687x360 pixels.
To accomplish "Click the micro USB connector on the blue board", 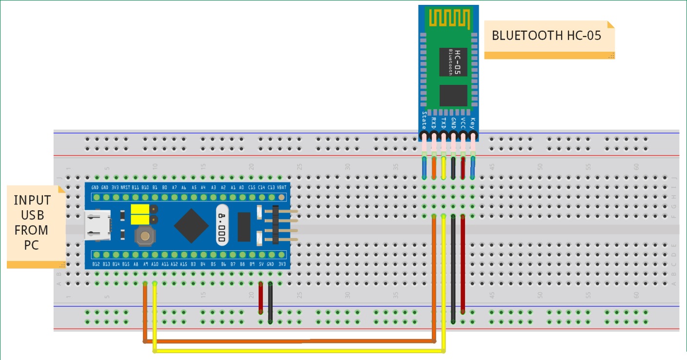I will click(98, 225).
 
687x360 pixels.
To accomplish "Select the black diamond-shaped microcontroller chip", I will click(192, 226).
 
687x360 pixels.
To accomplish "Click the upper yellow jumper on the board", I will click(140, 209).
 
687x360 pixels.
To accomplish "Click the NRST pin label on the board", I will click(125, 187).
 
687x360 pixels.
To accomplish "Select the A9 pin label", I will click(145, 264).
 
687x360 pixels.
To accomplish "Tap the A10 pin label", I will click(155, 264).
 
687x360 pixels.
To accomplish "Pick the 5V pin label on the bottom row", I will click(261, 264).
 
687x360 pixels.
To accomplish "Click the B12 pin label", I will click(96, 264).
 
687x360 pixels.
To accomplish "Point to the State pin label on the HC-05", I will click(424, 120).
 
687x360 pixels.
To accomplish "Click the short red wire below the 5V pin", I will click(261, 298).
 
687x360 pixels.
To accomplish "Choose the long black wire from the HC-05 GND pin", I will click(453, 268).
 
